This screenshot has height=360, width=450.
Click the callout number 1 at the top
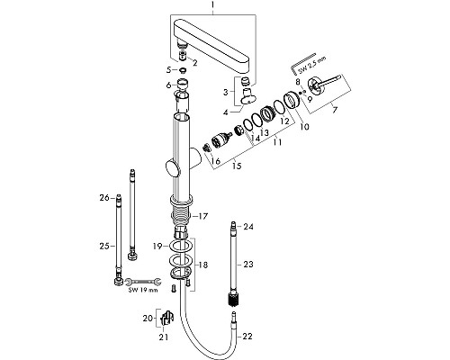[213, 6]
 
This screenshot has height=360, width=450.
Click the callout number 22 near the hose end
[249, 336]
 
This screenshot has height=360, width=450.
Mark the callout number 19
[156, 246]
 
